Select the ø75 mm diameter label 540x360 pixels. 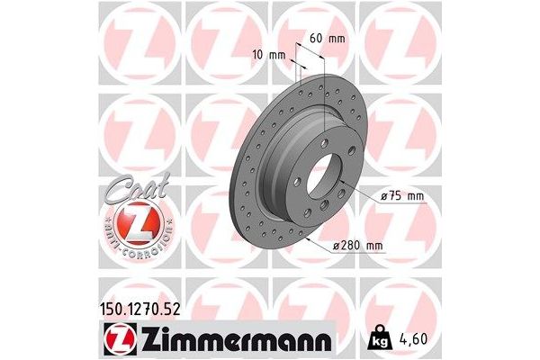(x=403, y=196)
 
